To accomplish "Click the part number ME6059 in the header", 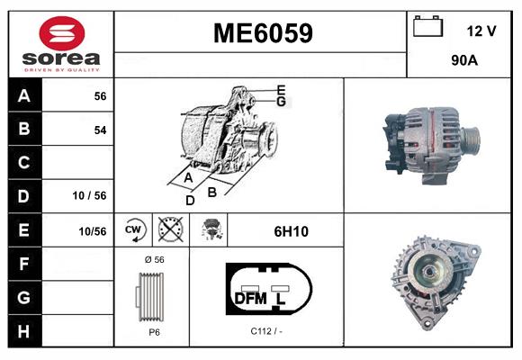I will (262, 33).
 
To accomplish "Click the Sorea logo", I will (61, 43).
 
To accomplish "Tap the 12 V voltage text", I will (481, 31).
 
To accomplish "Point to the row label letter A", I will (23, 95).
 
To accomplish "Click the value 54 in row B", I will (100, 130).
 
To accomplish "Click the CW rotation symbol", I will (133, 231).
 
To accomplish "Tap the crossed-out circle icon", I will (170, 231).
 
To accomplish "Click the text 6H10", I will (291, 231).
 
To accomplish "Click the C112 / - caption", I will (267, 331).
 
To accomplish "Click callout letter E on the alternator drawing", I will (282, 89).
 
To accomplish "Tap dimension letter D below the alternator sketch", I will (190, 200).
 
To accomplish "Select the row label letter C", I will (23, 163).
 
